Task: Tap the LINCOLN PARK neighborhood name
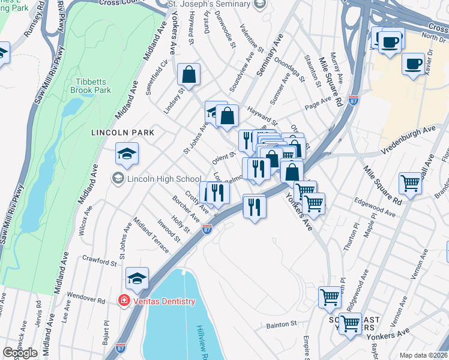(x=122, y=132)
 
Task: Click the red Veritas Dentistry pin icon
(x=124, y=301)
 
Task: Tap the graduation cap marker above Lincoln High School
(x=127, y=155)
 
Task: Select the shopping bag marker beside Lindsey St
(x=188, y=75)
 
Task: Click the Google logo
(x=20, y=353)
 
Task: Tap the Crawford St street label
(x=100, y=262)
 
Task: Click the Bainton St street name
(x=282, y=325)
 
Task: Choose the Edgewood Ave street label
(x=375, y=207)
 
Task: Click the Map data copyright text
(x=423, y=355)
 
